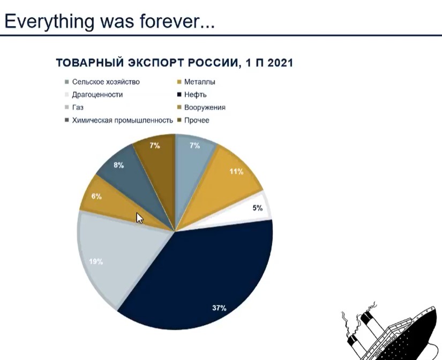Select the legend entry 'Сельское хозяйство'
[106, 82]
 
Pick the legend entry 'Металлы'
[200, 82]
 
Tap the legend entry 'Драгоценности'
[98, 94]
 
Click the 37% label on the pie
[219, 308]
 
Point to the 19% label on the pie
[96, 261]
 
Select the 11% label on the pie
[236, 171]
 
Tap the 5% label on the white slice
[257, 208]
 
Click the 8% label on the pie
[119, 165]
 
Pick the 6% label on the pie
[96, 196]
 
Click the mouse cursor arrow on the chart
[139, 218]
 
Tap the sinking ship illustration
[392, 333]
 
